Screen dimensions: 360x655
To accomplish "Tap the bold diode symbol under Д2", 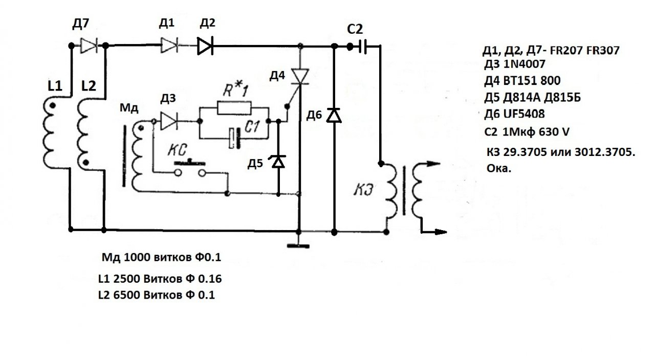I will click(205, 47).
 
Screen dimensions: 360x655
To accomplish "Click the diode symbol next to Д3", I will click(168, 121).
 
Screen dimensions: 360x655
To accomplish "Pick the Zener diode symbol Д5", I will click(278, 162).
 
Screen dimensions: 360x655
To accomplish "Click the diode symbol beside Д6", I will click(334, 115).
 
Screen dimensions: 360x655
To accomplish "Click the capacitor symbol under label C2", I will click(364, 47).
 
